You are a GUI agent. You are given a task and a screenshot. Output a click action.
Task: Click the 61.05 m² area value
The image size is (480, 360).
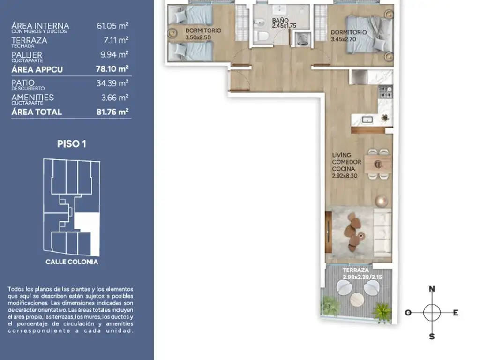112,26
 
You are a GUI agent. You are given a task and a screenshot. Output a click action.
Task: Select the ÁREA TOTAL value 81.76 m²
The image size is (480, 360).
112,112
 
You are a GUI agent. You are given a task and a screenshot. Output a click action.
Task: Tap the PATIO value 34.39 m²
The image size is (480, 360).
112,83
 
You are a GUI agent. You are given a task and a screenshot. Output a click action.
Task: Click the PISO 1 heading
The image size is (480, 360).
72,144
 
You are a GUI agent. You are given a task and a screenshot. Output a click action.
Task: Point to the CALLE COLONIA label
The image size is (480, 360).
72,262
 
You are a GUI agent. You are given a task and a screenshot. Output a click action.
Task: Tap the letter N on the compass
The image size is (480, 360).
432,289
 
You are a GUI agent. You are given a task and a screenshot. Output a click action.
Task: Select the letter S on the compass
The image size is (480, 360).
432,337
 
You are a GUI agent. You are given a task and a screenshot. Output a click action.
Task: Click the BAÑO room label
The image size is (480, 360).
280,20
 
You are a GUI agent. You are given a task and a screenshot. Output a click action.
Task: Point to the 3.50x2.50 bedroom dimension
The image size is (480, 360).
198,37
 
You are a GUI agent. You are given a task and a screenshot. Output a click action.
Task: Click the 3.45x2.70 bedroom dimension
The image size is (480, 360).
344,39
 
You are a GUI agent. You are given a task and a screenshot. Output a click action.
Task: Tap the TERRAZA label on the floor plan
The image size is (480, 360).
356,270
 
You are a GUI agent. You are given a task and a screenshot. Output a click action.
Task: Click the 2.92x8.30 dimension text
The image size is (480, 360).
345,176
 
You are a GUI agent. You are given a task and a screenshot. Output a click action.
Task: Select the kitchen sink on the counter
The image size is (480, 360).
367,120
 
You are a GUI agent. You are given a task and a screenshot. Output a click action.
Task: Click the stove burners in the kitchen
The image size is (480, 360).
385,92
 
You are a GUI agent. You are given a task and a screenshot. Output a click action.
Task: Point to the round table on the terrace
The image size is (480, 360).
357,300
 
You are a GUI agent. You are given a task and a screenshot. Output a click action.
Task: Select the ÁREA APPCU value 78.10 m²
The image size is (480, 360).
112,69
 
